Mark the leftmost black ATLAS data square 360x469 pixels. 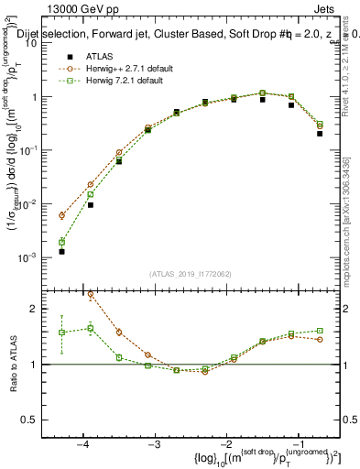click(x=61, y=251)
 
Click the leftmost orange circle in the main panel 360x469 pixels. click(x=61, y=215)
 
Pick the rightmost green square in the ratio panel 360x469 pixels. click(x=320, y=331)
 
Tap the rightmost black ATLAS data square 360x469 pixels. click(x=320, y=134)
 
